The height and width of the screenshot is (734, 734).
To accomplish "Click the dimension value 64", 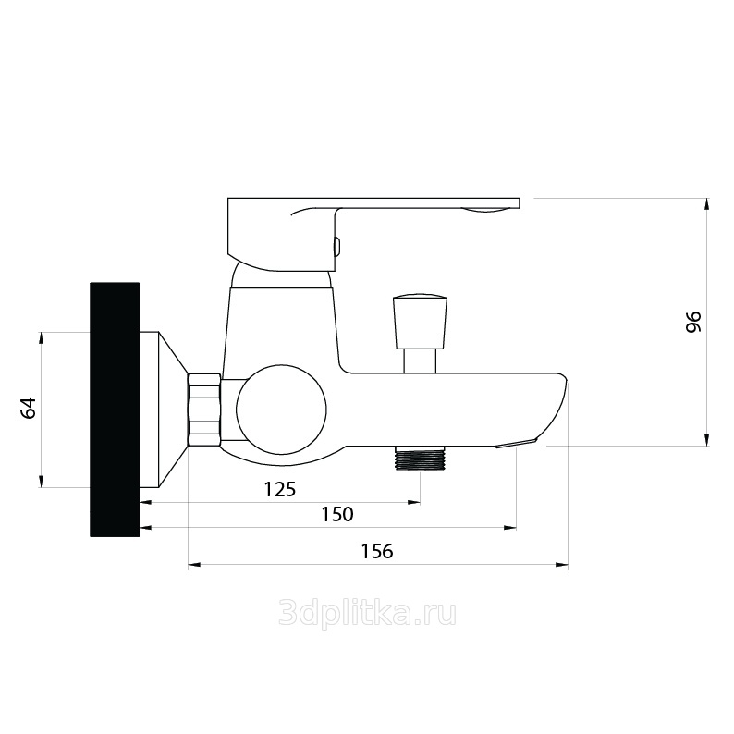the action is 29,408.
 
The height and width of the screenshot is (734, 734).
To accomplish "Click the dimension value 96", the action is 693,322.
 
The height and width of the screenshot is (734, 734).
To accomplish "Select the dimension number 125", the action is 280,490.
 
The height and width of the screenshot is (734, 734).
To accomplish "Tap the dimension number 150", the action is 337,515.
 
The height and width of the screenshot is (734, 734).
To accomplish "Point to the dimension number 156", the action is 377,552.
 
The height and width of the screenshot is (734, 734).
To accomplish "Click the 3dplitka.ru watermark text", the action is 368,614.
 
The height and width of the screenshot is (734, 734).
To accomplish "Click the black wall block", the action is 115,410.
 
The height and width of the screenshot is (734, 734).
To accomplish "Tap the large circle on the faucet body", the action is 280,410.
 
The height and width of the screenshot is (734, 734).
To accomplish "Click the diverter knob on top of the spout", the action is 421,322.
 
